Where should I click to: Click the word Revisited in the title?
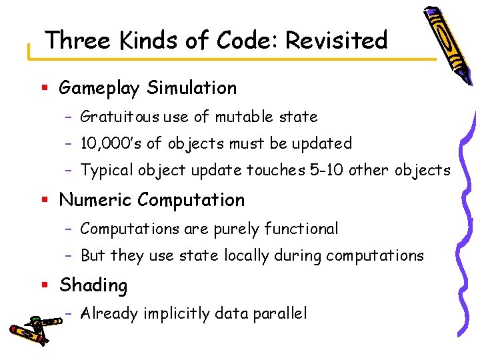tap(337, 41)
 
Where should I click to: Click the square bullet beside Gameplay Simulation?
tap(44, 88)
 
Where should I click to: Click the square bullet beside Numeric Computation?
tap(44, 200)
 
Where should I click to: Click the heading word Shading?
tap(93, 285)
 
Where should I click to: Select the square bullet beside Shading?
tap(44, 285)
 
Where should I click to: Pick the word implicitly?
tap(180, 314)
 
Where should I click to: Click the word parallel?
tap(281, 314)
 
